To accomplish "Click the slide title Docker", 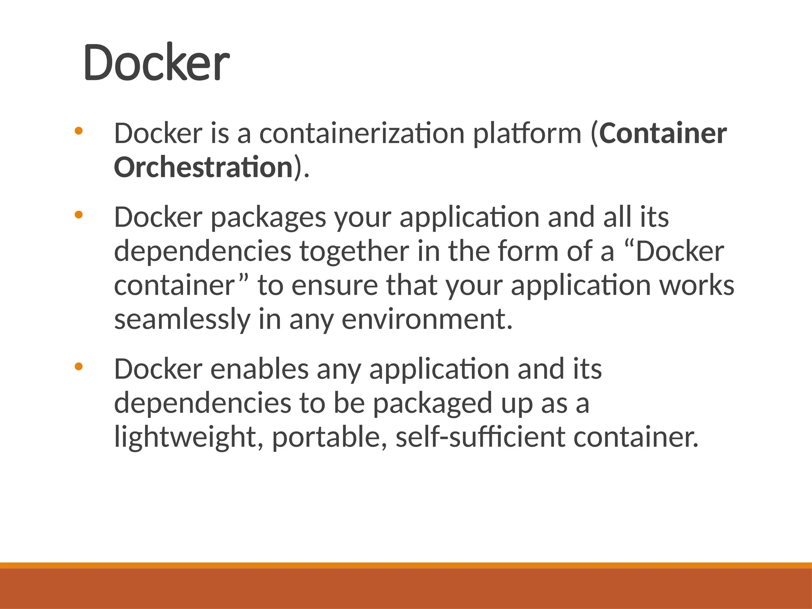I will coord(156,63).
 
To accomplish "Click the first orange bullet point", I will coord(79,130).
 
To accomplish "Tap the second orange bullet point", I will coord(79,215).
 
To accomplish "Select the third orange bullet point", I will coord(79,367).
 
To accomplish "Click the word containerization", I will coord(362,133).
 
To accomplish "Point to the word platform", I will coord(527,134).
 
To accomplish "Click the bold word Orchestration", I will coord(203,167).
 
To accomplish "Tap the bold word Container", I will coord(663,133).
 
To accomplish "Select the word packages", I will coord(268,218).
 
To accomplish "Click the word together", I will coord(354,251).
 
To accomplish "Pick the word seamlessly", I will coord(182,320).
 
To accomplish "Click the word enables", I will coord(259,369).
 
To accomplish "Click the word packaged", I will coord(432,404).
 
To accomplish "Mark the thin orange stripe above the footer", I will coord(406,565).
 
